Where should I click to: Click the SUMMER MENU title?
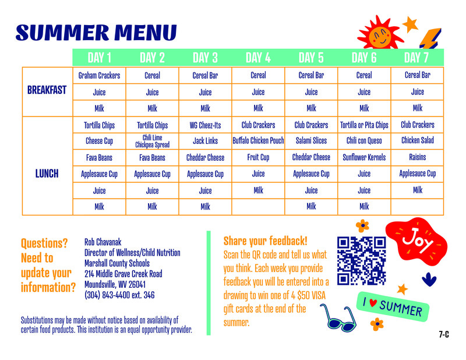point(96,32)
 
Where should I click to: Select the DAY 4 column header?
point(258,57)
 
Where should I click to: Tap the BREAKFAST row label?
point(47,91)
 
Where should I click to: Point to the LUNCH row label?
point(47,174)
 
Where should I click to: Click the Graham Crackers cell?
point(99,75)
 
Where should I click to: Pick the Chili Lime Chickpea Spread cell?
point(152,141)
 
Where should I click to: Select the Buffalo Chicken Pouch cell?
point(258,141)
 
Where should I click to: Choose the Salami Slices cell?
point(311,141)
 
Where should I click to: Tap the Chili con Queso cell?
point(364,141)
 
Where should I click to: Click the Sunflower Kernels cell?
point(364,157)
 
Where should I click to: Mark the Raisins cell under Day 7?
point(417,157)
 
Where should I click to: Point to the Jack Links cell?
point(205,141)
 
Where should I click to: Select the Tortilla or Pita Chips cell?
point(364,125)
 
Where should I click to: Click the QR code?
point(362,260)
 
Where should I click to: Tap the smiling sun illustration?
point(379,36)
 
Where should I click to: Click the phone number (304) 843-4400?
point(119,295)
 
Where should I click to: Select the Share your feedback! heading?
point(265,241)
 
